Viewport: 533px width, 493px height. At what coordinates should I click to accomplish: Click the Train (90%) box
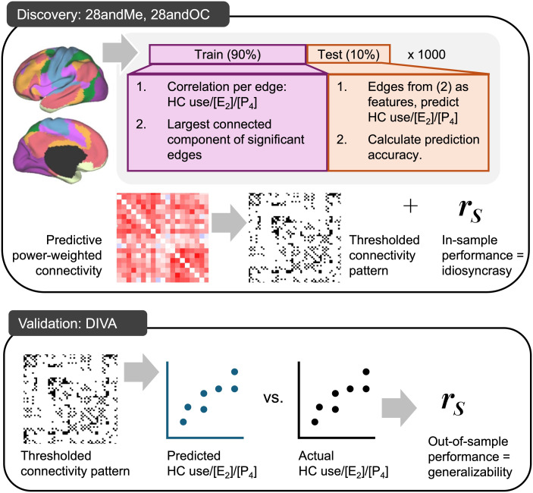point(227,55)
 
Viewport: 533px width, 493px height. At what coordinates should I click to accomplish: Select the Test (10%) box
point(349,54)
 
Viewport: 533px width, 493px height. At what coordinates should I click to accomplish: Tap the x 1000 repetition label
point(426,55)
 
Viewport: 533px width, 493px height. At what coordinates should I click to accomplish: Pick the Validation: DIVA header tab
point(77,323)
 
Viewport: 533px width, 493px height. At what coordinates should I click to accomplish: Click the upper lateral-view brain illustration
point(61,79)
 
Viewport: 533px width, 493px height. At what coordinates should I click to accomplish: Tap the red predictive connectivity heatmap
point(162,237)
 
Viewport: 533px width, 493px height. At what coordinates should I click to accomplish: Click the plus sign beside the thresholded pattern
point(410,206)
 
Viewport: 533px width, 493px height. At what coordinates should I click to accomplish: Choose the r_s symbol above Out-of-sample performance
point(453,403)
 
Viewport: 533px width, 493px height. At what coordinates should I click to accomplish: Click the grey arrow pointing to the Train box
point(120,53)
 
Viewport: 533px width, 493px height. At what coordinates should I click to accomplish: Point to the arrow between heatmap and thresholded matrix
point(229,223)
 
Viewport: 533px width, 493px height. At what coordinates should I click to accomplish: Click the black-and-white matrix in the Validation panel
point(71,399)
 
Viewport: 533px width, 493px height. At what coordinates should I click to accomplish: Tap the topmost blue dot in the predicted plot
point(234,372)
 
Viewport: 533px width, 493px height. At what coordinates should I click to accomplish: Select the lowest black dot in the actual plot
point(315,422)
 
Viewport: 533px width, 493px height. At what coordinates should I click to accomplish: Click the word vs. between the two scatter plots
point(273,397)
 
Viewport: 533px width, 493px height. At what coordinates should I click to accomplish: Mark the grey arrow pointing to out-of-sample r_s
point(399,408)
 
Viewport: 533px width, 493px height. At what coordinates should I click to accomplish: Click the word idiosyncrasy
point(477,271)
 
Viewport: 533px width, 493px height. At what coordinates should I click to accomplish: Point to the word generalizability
point(470,472)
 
